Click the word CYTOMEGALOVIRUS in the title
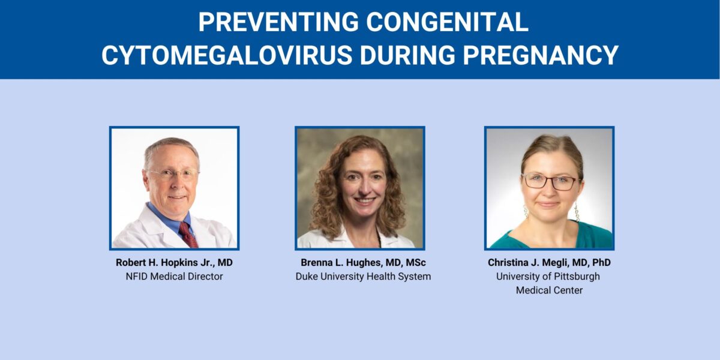click(226, 55)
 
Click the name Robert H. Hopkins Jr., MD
click(174, 263)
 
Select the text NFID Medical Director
click(174, 277)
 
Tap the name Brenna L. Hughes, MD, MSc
click(363, 263)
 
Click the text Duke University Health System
click(363, 277)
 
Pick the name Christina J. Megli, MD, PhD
click(549, 263)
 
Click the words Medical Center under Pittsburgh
click(549, 290)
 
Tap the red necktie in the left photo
click(188, 234)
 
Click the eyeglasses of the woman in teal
click(550, 182)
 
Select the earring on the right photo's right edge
click(577, 211)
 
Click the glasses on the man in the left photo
click(172, 175)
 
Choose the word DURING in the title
click(412, 55)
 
